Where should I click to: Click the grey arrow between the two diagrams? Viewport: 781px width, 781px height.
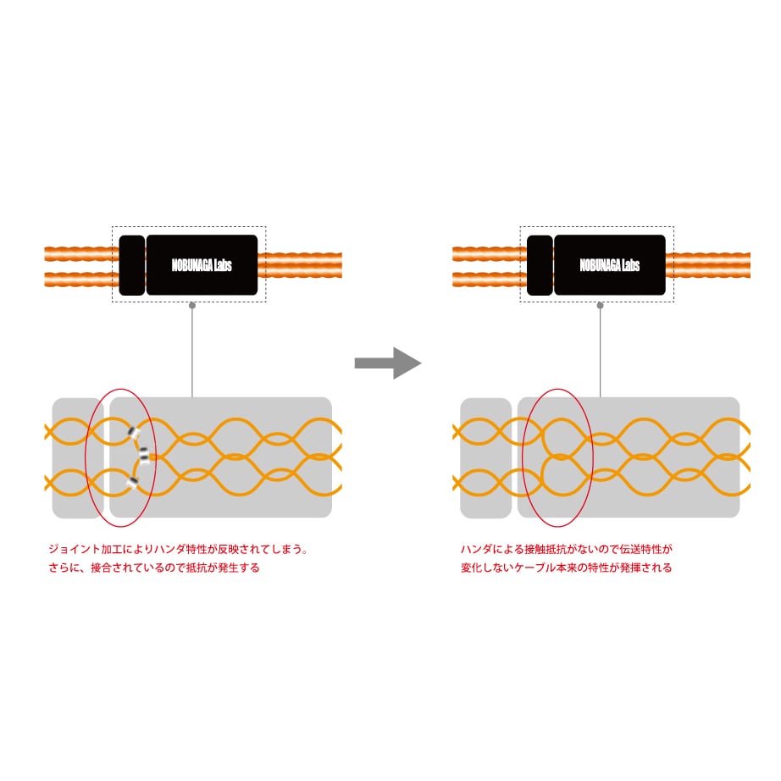pyautogui.click(x=386, y=363)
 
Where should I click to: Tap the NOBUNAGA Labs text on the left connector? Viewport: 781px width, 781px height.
pyautogui.click(x=202, y=265)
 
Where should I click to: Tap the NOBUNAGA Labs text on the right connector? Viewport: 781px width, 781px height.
pyautogui.click(x=610, y=265)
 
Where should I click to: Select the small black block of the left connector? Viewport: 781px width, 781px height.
pyautogui.click(x=131, y=265)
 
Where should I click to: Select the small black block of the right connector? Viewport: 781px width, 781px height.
pyautogui.click(x=540, y=265)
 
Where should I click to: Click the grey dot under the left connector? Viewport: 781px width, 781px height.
pyautogui.click(x=192, y=305)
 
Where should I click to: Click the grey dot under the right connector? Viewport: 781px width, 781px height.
pyautogui.click(x=600, y=305)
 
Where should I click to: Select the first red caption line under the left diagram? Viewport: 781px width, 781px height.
pyautogui.click(x=178, y=549)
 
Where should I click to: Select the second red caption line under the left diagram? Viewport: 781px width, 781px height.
pyautogui.click(x=154, y=568)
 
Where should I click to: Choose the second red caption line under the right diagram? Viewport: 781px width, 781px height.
pyautogui.click(x=566, y=568)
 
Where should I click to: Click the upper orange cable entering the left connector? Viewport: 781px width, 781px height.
pyautogui.click(x=80, y=253)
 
